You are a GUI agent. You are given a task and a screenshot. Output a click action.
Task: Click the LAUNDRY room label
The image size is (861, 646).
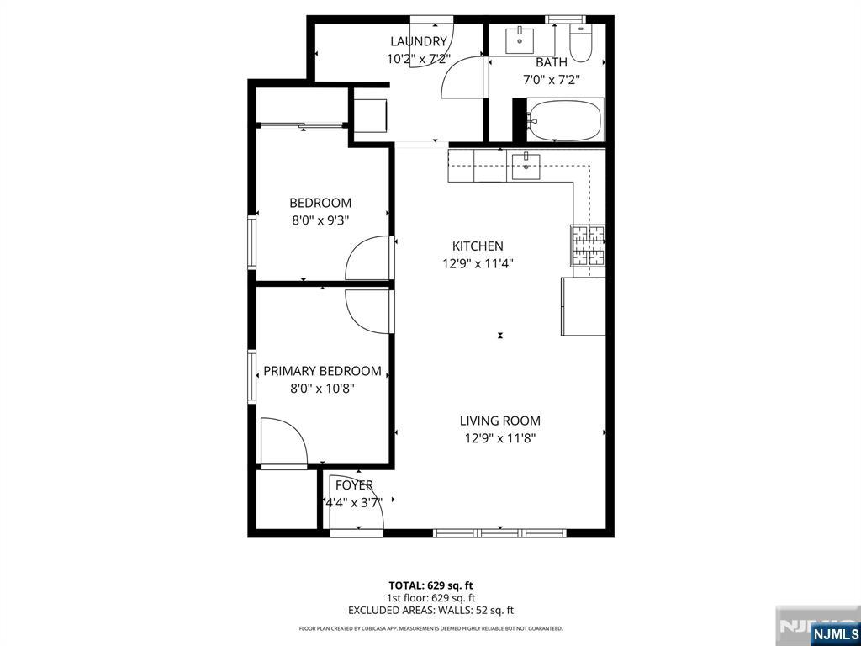click(x=419, y=41)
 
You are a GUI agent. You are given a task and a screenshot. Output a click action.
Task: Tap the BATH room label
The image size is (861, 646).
click(x=552, y=62)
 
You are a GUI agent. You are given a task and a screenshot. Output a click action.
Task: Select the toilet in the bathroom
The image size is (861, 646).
click(x=579, y=42)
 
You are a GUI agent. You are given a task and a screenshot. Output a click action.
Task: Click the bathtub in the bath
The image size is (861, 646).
click(x=565, y=119)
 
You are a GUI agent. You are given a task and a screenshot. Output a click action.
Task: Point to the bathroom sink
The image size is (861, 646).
click(x=520, y=40)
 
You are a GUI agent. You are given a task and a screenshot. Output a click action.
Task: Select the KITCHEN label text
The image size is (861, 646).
click(x=478, y=246)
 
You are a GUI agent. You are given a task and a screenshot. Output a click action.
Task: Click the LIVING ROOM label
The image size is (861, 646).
click(x=499, y=421)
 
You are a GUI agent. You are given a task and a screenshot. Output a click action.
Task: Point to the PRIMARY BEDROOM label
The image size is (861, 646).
click(x=322, y=371)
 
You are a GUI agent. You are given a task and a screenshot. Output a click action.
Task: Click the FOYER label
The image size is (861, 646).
click(x=354, y=485)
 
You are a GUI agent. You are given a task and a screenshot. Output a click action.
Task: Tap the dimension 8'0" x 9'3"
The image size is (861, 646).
click(x=320, y=221)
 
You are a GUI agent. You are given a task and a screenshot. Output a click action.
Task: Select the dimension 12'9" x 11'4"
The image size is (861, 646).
click(x=478, y=263)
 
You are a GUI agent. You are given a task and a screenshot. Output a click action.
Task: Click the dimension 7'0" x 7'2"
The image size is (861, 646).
click(x=552, y=79)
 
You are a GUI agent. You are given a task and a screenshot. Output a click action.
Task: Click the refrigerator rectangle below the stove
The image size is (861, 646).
click(x=584, y=306)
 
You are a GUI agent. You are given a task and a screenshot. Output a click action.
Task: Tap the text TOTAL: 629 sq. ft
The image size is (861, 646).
click(x=430, y=585)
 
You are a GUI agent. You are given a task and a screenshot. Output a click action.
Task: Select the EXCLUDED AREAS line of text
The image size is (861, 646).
click(x=430, y=611)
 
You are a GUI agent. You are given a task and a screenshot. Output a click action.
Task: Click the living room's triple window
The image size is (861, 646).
click(x=499, y=532)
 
